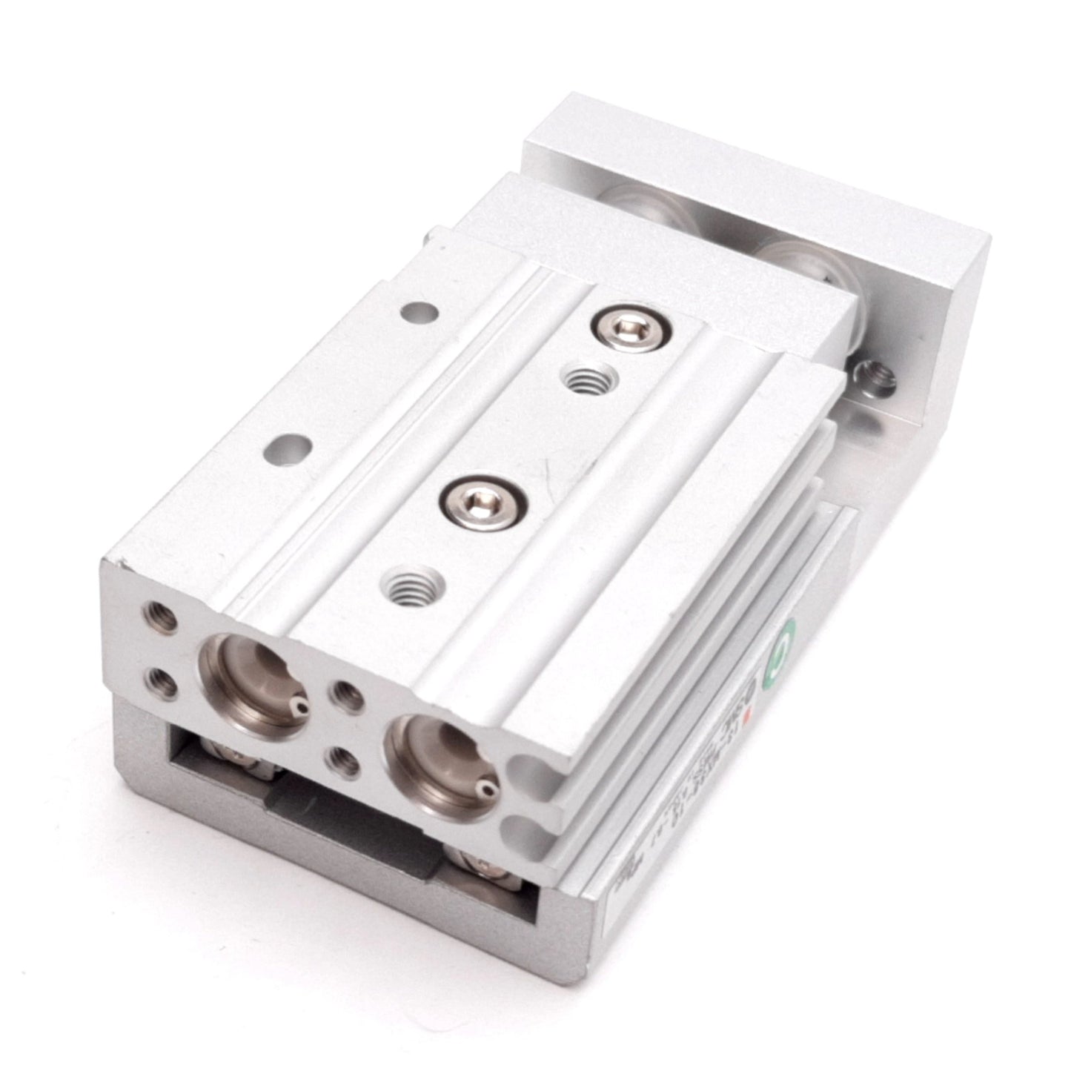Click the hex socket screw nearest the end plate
617,325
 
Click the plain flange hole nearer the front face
287,447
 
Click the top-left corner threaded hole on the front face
162,616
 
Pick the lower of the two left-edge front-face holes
161,681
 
